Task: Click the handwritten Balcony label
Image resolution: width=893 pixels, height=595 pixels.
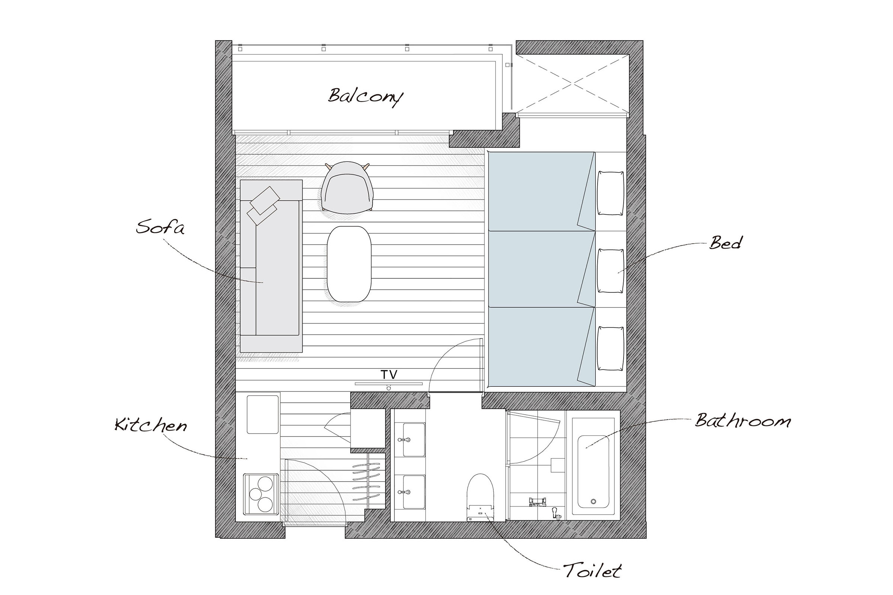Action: (365, 96)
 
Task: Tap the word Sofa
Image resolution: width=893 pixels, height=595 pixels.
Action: (160, 227)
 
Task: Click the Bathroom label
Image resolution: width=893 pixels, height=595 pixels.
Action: (743, 421)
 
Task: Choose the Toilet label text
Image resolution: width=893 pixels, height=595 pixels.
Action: (592, 570)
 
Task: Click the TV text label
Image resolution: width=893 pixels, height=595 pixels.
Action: (389, 374)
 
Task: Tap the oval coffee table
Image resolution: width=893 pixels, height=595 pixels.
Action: (349, 264)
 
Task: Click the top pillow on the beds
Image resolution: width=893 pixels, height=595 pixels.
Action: (611, 193)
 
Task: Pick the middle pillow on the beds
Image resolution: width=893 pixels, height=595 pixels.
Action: (611, 271)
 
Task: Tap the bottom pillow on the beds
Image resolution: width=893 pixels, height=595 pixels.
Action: (611, 348)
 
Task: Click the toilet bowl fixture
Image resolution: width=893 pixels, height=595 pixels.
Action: (480, 497)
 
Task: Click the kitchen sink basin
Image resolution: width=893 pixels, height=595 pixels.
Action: (263, 414)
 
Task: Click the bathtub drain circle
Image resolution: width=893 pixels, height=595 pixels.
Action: (593, 501)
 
